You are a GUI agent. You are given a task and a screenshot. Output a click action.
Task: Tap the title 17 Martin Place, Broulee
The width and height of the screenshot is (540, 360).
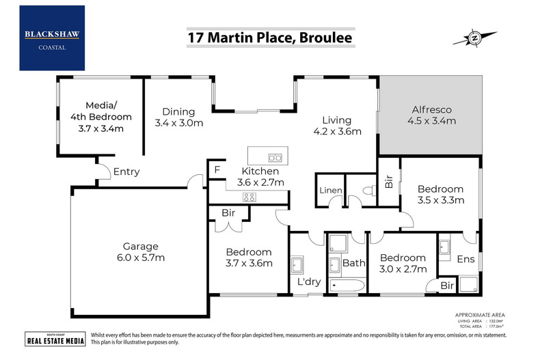pos(270,38)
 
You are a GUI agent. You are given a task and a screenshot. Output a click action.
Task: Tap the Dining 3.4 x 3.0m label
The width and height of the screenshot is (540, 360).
pos(178,117)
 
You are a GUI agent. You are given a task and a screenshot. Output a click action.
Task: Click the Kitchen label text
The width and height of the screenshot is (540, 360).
pos(260,171)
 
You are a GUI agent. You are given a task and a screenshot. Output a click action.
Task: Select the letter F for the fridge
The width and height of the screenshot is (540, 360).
pos(217,169)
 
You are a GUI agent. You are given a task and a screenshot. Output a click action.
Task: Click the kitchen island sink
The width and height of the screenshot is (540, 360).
pos(275,156)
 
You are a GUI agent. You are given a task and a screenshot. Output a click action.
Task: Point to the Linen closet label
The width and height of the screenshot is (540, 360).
pos(330,189)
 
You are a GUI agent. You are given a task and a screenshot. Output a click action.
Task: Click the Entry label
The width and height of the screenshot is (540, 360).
pos(126,171)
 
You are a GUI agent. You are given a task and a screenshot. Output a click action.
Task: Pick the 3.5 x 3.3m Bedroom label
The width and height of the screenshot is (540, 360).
pos(441,195)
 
